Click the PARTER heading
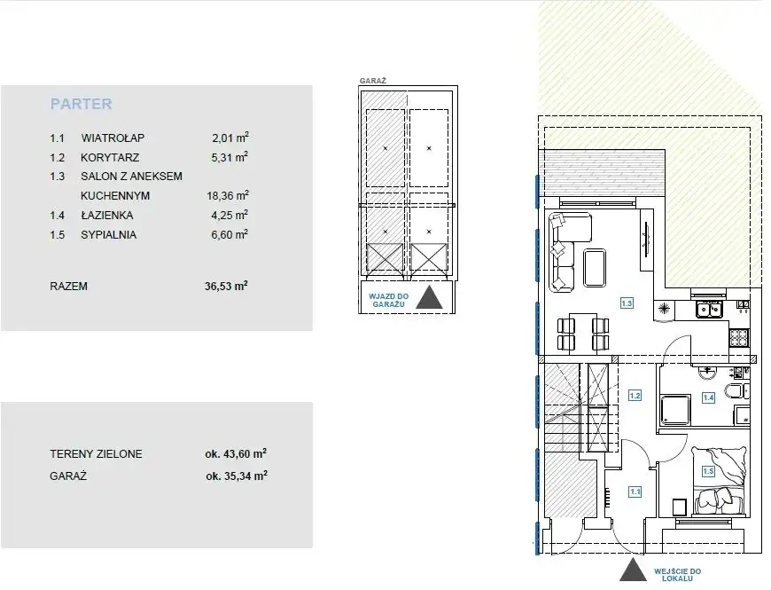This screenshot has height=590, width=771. coord(82,104)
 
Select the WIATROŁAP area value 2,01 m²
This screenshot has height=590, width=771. coord(230,138)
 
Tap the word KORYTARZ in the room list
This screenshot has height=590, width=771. coord(110,157)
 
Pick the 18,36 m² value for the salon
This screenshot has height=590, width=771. coord(228,195)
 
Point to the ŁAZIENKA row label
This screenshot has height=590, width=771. coord(106,215)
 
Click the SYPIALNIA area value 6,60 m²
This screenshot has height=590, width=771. coord(230,234)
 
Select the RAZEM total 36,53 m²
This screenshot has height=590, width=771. coord(226,286)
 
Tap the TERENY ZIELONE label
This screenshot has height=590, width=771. coord(96,453)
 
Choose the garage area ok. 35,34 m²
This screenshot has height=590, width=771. coord(237,476)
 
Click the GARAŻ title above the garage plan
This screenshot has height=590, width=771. coord(373,81)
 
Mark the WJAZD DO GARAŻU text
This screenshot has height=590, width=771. coord(388,300)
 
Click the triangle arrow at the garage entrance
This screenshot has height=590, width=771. coord(430,297)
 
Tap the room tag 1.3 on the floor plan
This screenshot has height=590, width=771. coord(627,303)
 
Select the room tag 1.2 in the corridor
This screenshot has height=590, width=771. coord(635,396)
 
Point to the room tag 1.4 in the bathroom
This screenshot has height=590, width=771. coord(709,397)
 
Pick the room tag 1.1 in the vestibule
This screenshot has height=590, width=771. coord(635,492)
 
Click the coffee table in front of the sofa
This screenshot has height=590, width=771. coord(595,268)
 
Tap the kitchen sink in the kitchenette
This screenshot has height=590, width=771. coord(709,310)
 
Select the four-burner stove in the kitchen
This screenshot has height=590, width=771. coord(738,337)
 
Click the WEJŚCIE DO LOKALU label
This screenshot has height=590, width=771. coord(677,575)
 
